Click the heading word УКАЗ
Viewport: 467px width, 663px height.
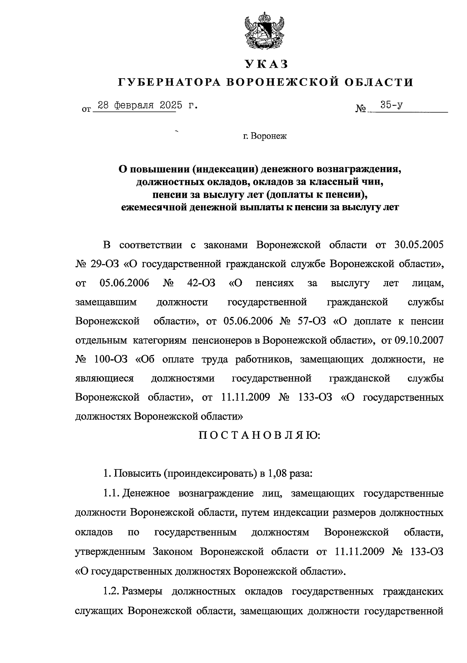coord(266,63)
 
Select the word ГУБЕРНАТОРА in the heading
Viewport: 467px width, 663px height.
coord(169,82)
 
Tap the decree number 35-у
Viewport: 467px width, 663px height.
coord(392,105)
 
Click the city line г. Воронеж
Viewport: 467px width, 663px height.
coord(265,137)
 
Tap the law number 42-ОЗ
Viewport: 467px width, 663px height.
coord(201,283)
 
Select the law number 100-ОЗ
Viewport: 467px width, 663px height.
coord(111,360)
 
